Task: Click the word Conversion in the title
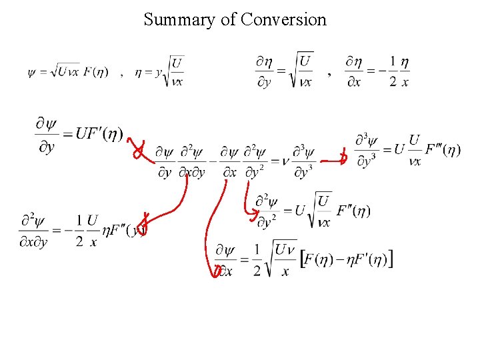click(284, 19)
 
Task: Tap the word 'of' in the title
click(229, 19)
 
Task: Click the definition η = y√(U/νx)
click(159, 71)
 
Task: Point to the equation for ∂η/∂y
click(283, 71)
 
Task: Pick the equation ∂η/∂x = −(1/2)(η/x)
click(377, 71)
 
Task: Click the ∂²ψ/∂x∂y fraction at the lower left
click(33, 230)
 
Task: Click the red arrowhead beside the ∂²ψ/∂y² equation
click(252, 213)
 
